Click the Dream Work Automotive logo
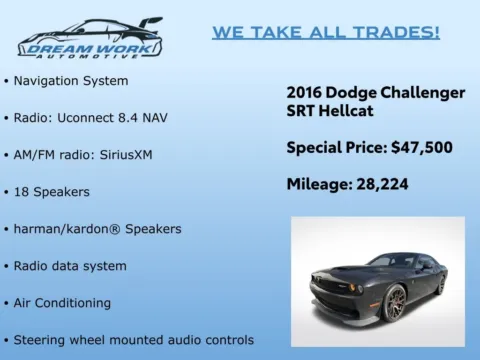point(89,39)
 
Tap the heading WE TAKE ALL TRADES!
point(325,32)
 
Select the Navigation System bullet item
point(71,80)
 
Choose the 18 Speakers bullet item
point(52,191)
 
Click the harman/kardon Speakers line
point(97,228)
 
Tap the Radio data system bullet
point(70,265)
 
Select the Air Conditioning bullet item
point(62,302)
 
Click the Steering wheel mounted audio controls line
point(133,339)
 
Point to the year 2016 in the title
point(306,93)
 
